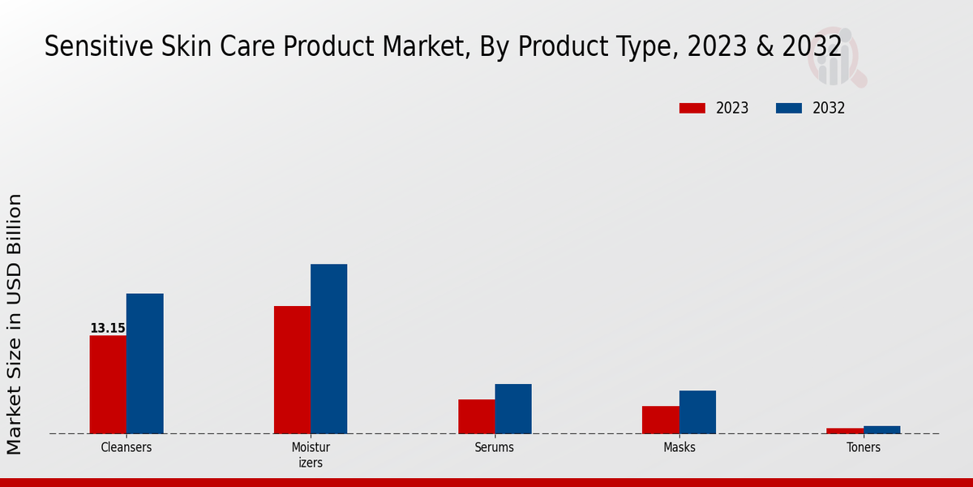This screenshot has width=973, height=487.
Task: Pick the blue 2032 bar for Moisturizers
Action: click(328, 348)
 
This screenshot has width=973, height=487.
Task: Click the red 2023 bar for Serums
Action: click(476, 416)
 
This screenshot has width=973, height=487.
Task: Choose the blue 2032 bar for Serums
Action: click(513, 408)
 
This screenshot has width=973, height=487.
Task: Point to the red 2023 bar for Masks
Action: click(660, 420)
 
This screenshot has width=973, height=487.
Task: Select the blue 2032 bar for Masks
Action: click(697, 412)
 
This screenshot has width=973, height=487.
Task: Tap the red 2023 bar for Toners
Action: click(844, 430)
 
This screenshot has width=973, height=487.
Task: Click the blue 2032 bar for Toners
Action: click(881, 429)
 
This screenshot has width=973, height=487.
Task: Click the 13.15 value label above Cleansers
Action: click(108, 329)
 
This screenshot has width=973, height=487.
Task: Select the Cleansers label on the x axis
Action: click(126, 447)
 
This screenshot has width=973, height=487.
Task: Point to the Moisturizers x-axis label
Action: click(311, 455)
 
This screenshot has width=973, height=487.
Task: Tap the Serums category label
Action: click(495, 447)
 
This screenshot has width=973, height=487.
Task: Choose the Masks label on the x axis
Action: click(679, 447)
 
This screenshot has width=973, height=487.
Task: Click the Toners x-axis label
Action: click(863, 447)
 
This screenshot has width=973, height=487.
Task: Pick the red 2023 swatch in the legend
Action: click(692, 108)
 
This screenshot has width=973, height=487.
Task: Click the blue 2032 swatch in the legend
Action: click(789, 108)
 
